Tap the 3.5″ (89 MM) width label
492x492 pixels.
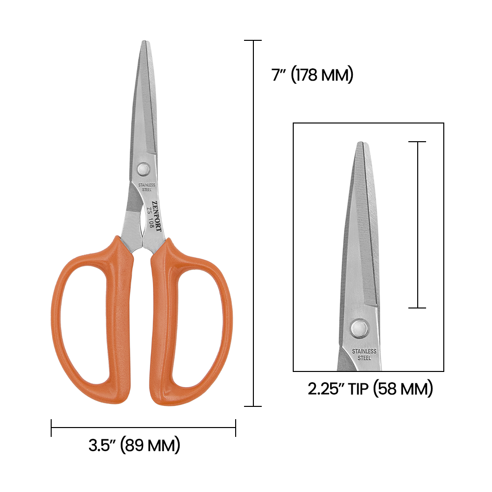click(134, 446)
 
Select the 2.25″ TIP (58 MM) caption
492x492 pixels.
click(370, 389)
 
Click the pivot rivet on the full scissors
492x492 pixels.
click(144, 169)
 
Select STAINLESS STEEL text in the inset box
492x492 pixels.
click(364, 355)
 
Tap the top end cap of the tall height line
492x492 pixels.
click(253, 40)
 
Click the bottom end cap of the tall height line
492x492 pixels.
click(253, 406)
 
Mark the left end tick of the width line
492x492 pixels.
click(51, 428)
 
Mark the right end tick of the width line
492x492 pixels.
click(236, 428)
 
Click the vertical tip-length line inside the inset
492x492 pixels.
click(417, 225)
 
